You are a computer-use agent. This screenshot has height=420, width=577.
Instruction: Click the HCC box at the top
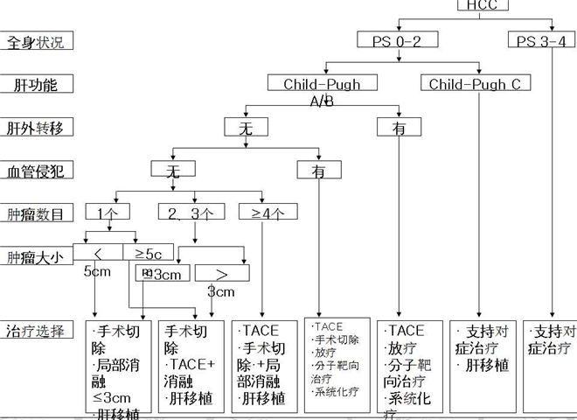[483, 5]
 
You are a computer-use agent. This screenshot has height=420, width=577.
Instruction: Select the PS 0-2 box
[398, 40]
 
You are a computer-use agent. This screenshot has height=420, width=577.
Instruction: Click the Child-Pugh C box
[475, 84]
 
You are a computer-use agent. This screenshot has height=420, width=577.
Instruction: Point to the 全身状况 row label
[36, 41]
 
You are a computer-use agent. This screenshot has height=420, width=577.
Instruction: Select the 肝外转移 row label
[36, 128]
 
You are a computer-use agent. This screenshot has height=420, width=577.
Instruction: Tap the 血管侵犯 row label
[36, 171]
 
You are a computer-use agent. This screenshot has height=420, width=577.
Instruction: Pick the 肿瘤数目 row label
[36, 213]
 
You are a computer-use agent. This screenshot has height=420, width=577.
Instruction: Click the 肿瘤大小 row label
[36, 257]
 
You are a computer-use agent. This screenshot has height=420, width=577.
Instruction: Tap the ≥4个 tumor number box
[268, 213]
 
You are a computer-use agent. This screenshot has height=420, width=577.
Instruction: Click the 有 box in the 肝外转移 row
[399, 128]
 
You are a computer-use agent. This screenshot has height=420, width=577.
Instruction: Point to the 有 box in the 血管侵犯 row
[319, 171]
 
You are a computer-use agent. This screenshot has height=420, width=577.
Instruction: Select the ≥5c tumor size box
[148, 253]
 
